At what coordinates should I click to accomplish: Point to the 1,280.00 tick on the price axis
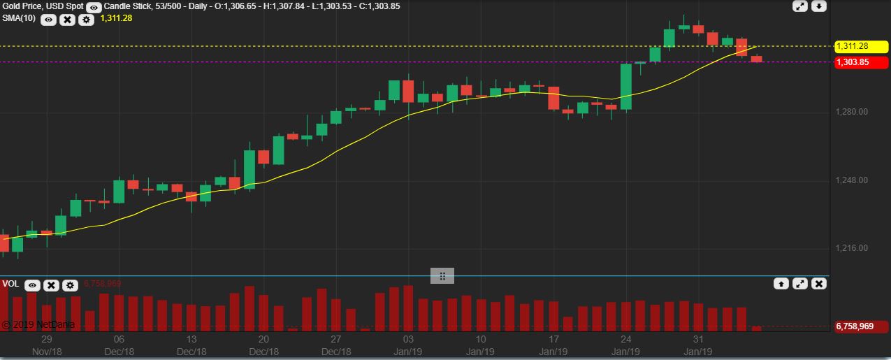(x=853, y=112)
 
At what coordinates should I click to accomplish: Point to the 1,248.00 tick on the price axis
(x=853, y=180)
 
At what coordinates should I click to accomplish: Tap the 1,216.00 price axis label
(x=853, y=248)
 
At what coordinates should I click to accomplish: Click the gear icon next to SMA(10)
(x=86, y=20)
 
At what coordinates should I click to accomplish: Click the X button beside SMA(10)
(x=67, y=20)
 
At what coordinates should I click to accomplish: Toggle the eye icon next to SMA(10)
(x=48, y=20)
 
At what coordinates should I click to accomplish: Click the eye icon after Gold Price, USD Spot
(x=94, y=7)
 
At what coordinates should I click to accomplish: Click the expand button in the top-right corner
(x=801, y=6)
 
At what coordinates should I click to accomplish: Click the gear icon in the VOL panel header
(x=70, y=285)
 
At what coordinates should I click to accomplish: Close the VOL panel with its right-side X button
(x=819, y=284)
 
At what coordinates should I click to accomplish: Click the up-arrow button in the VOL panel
(x=781, y=284)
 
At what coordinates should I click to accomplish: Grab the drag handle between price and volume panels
(x=442, y=276)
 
